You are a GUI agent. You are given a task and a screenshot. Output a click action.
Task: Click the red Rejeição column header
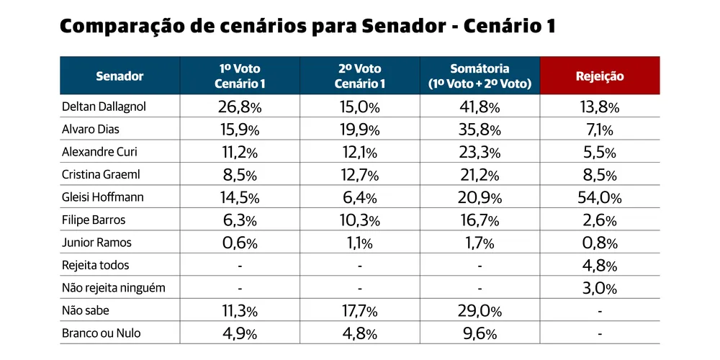[x=599, y=76]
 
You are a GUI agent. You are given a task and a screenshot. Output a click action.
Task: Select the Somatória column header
[x=480, y=76]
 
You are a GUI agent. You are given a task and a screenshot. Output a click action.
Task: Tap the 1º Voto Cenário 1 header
[x=240, y=76]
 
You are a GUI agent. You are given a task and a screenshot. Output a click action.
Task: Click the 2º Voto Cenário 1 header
[x=359, y=76]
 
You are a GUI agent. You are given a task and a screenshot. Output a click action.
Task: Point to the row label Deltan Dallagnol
[x=104, y=107]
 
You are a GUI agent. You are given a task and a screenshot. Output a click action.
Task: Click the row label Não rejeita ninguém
[x=114, y=288]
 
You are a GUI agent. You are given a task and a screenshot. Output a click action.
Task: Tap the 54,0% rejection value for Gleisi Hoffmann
[x=599, y=198]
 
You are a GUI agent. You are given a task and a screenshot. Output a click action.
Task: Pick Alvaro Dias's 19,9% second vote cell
[x=359, y=130]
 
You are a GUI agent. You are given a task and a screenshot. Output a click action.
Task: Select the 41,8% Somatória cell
[x=480, y=107]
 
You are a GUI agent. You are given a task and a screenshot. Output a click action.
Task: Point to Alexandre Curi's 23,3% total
[x=480, y=153]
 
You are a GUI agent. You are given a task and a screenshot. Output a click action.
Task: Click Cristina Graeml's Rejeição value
[x=599, y=176]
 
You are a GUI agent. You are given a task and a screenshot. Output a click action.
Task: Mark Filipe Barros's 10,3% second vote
[x=359, y=221]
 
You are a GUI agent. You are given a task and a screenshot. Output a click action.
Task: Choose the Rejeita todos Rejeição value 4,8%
[x=599, y=266]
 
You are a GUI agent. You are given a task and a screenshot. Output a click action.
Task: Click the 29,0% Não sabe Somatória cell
[x=480, y=311]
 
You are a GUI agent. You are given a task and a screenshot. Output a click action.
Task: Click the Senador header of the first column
[x=120, y=76]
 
